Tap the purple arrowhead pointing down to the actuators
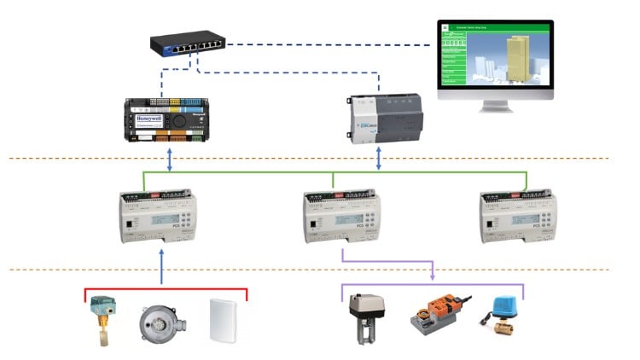pos(433,275)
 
